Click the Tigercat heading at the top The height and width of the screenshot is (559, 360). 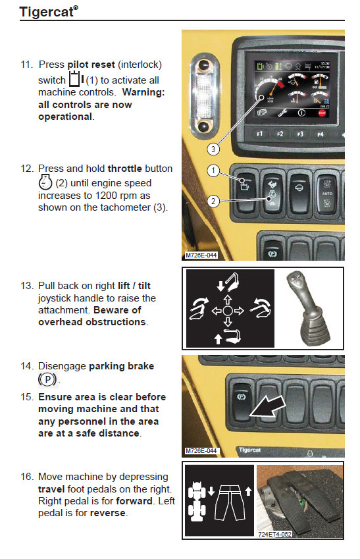click(49, 12)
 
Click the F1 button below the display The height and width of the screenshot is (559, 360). click(259, 134)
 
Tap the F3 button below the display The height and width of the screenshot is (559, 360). click(300, 134)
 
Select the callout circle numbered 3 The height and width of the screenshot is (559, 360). click(213, 149)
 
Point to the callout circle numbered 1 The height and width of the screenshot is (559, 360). click(213, 171)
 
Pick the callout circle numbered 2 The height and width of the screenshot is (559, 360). click(213, 201)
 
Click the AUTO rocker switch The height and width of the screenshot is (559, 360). click(327, 194)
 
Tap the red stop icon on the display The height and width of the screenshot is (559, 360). click(322, 113)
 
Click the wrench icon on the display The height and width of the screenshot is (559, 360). click(282, 113)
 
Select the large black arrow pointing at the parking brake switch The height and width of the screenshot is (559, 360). click(268, 406)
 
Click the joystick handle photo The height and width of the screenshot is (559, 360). click(308, 308)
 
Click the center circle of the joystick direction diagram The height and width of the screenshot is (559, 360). click(228, 311)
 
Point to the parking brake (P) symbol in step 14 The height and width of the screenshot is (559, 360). click(47, 379)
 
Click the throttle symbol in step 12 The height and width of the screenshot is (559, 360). click(45, 182)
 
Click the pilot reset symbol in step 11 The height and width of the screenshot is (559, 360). click(76, 79)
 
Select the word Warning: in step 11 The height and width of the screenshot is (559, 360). click(143, 92)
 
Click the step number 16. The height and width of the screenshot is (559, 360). click(27, 477)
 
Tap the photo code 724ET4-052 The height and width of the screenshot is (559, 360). click(274, 534)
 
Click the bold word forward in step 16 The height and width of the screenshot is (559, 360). click(134, 501)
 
